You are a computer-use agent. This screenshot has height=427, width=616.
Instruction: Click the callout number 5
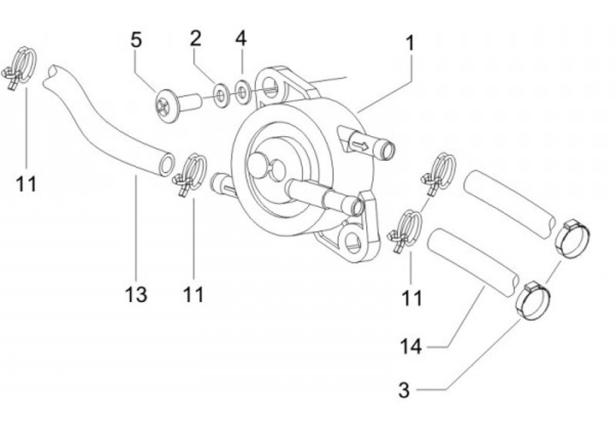136,40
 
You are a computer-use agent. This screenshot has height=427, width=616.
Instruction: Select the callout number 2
196,39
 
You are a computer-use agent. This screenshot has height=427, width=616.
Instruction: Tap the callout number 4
241,39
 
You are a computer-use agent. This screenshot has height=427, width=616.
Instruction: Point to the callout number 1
410,43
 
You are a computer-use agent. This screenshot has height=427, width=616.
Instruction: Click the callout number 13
136,294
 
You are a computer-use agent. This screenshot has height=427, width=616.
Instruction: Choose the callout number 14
411,347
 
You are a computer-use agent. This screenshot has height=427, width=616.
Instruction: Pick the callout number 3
404,390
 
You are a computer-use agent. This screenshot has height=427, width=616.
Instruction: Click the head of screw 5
168,106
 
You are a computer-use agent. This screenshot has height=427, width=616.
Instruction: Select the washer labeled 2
222,95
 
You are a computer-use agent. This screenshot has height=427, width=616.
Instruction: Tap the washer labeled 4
243,92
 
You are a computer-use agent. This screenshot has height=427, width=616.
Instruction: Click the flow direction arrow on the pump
360,146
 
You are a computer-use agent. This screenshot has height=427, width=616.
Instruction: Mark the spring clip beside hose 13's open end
190,174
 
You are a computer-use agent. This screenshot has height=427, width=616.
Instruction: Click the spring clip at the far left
20,68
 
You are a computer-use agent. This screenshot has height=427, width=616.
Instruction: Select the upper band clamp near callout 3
573,240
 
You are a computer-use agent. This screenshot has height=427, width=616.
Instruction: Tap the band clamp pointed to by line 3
533,299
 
